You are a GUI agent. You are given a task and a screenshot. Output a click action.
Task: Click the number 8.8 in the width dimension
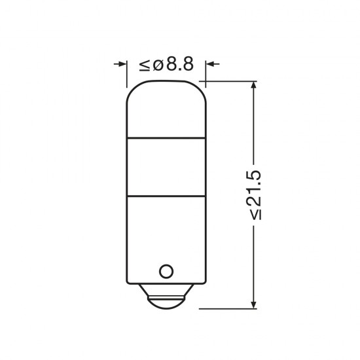click(x=180, y=64)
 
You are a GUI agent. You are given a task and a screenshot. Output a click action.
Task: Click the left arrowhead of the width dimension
click(x=122, y=64)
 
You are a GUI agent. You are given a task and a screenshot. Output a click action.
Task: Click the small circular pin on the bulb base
click(x=166, y=270)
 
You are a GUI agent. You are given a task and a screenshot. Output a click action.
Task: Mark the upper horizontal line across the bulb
click(x=166, y=139)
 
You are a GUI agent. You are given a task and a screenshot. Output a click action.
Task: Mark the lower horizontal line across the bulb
click(x=166, y=196)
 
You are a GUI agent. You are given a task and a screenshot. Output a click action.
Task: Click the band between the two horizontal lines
click(x=166, y=167)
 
